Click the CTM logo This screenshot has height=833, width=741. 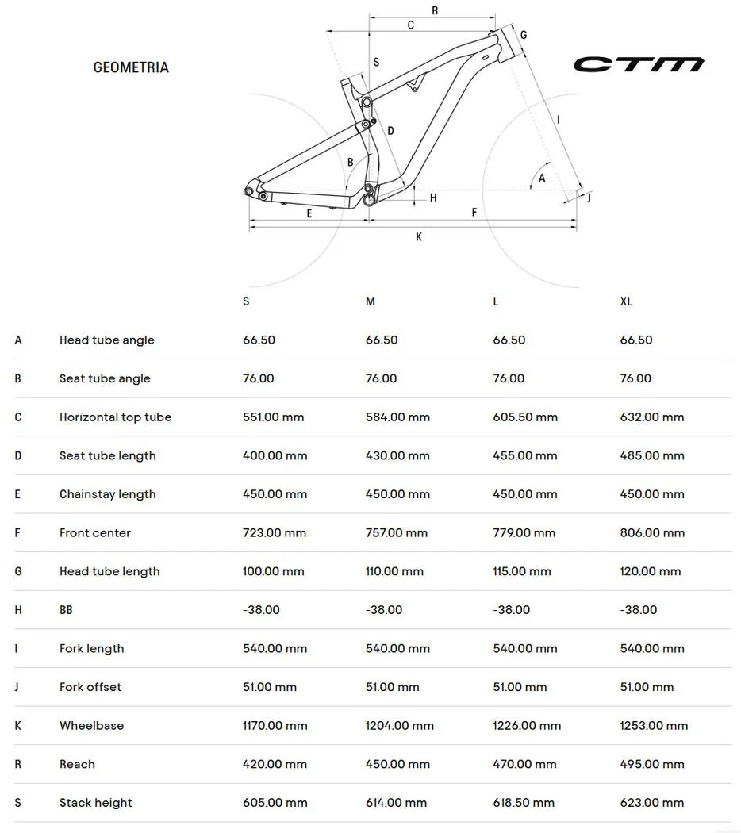tap(638, 64)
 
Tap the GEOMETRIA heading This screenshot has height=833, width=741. tap(131, 67)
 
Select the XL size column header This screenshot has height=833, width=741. tap(626, 301)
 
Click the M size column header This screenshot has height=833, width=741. tap(370, 301)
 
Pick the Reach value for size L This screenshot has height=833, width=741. tap(524, 764)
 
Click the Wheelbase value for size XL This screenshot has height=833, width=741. tap(654, 725)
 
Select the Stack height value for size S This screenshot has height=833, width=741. tap(275, 803)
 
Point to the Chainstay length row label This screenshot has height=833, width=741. tap(107, 494)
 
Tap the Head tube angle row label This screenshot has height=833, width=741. tap(106, 340)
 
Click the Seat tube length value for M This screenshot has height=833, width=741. tap(397, 455)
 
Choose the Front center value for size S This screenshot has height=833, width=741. tap(274, 532)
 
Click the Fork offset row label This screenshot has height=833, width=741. tap(90, 687)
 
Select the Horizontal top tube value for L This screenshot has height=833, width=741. tap(525, 417)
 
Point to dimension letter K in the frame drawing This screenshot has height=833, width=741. tap(419, 237)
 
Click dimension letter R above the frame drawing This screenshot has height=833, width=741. tap(435, 10)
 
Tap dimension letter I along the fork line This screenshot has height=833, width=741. tap(559, 120)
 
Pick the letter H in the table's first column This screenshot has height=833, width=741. tap(18, 610)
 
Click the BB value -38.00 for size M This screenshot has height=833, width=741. tap(384, 610)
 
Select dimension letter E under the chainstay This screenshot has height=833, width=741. tap(309, 213)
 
